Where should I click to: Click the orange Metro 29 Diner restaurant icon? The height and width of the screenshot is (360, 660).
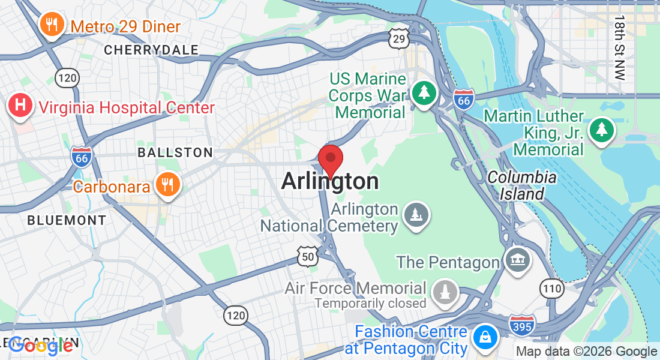tap(53, 25)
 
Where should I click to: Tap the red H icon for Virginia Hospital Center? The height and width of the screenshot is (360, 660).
tap(20, 106)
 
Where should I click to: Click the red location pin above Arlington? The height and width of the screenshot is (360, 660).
tap(330, 159)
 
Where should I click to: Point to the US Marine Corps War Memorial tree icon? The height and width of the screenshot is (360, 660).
tap(424, 93)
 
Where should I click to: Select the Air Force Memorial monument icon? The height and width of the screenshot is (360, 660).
tap(445, 293)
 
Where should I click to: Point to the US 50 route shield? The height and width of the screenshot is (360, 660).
tap(307, 257)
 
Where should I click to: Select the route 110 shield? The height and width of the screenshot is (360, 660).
tap(551, 288)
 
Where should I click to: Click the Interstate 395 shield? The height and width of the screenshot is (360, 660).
tap(521, 325)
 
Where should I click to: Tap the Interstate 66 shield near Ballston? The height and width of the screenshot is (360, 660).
tap(82, 157)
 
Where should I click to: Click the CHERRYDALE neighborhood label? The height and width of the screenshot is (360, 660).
tap(151, 50)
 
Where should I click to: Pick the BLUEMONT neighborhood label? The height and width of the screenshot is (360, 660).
tap(67, 220)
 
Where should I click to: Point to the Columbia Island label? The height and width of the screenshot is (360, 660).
tap(521, 185)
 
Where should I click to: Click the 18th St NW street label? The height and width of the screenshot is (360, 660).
tap(619, 47)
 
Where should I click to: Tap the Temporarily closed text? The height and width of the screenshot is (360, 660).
tap(370, 303)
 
